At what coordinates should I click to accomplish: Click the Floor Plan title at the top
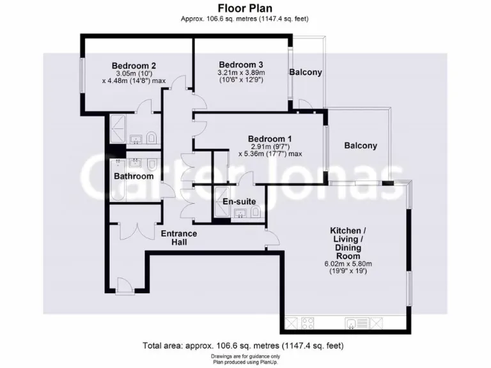(x=245, y=8)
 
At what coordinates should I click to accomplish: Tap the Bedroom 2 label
(x=134, y=66)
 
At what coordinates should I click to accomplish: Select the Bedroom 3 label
(x=241, y=65)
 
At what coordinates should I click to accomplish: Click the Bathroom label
(x=134, y=176)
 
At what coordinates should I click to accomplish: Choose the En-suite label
(x=238, y=202)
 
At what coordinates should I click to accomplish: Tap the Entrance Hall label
(x=179, y=238)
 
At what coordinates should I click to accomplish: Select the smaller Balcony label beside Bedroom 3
(x=306, y=72)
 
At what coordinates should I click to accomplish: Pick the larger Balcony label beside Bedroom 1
(x=361, y=146)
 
